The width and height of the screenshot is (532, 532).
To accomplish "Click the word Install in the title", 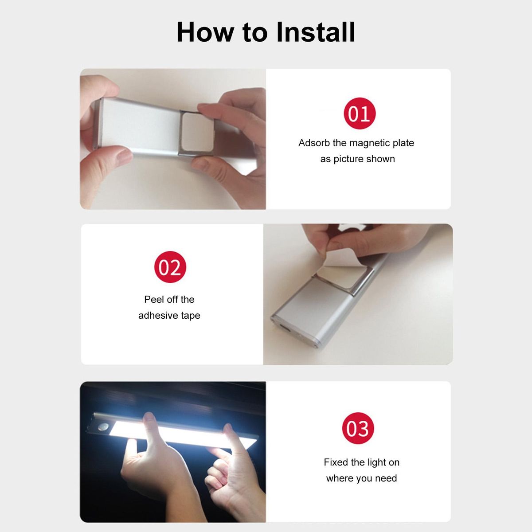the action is point(316,32).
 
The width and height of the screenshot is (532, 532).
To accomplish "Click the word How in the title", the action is point(205,32).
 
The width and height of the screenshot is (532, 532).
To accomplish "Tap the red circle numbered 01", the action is point(360,113).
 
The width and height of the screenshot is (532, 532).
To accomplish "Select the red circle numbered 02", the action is point(170,267).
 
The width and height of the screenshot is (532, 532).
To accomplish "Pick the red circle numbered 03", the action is point(358,428).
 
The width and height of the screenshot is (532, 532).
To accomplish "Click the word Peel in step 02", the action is point(152,299).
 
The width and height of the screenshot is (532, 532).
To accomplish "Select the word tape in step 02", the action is point(191,316).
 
